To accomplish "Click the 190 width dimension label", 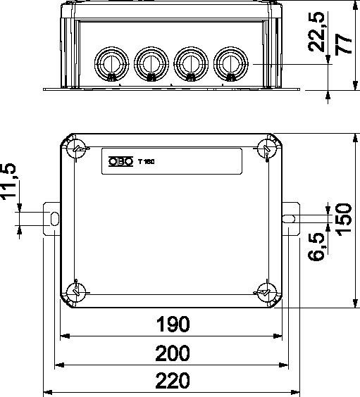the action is (173, 324).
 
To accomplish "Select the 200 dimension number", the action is (173, 353).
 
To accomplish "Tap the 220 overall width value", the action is (173, 380).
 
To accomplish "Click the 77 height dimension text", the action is (343, 45).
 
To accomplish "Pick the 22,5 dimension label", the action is (316, 32).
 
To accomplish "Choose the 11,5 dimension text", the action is (8, 182).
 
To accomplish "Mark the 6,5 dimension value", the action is (316, 246).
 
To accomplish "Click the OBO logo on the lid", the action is (120, 161).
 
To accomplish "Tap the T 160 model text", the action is (147, 161).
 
